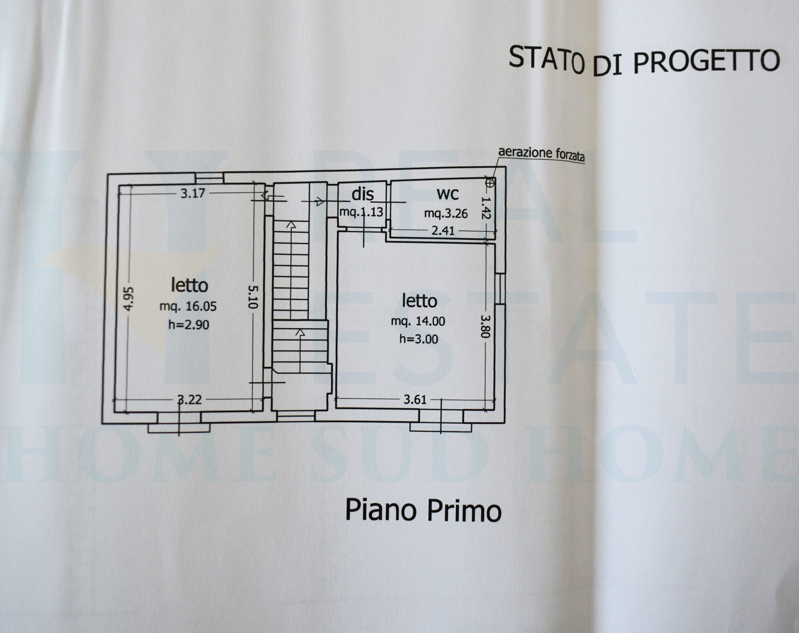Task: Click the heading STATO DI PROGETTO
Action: pyautogui.click(x=644, y=60)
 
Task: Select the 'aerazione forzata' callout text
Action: pyautogui.click(x=541, y=154)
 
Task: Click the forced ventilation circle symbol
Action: pyautogui.click(x=490, y=183)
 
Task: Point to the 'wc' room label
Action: pyautogui.click(x=447, y=194)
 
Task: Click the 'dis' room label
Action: pyautogui.click(x=362, y=194)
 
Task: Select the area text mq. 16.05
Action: pyautogui.click(x=188, y=307)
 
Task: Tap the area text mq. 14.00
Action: pyautogui.click(x=418, y=321)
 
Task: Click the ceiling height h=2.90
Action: pyautogui.click(x=189, y=324)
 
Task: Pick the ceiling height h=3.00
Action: pyautogui.click(x=419, y=339)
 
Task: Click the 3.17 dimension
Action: pyautogui.click(x=193, y=194)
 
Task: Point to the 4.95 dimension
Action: pyautogui.click(x=129, y=299)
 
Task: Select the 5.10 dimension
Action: pyautogui.click(x=252, y=296)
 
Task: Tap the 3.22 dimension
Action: pyautogui.click(x=189, y=399)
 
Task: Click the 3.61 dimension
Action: pyautogui.click(x=415, y=399)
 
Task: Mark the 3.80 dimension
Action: pyautogui.click(x=485, y=326)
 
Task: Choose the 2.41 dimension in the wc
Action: pyautogui.click(x=443, y=231)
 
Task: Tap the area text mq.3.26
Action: pyautogui.click(x=446, y=214)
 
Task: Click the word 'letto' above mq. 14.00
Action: pyautogui.click(x=419, y=301)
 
